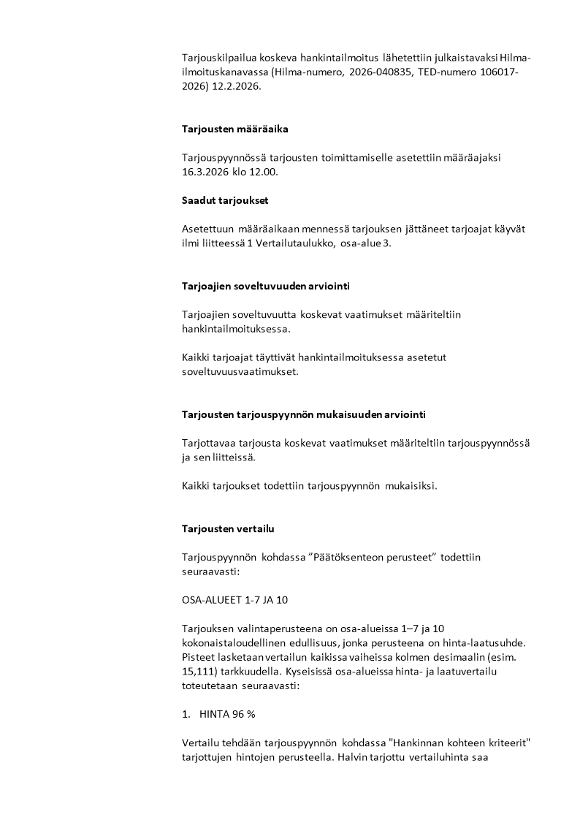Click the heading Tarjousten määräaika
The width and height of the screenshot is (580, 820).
(x=235, y=129)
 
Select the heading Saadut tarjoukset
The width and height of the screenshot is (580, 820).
(x=225, y=200)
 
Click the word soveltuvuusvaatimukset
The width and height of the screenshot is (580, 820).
(x=240, y=371)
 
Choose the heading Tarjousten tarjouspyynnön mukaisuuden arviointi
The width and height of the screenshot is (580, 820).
(x=304, y=414)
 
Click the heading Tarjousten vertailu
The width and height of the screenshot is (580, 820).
(x=228, y=528)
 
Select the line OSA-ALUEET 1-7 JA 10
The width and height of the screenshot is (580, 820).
(x=234, y=600)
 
